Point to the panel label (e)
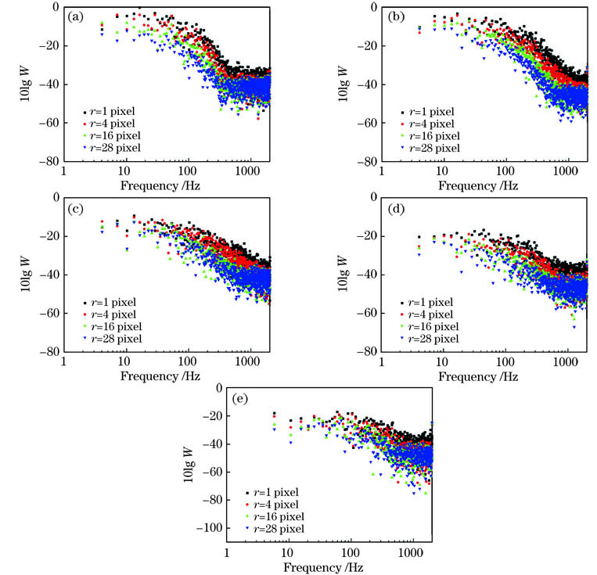pyautogui.click(x=243, y=397)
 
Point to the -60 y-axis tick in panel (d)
pyautogui.click(x=366, y=313)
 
